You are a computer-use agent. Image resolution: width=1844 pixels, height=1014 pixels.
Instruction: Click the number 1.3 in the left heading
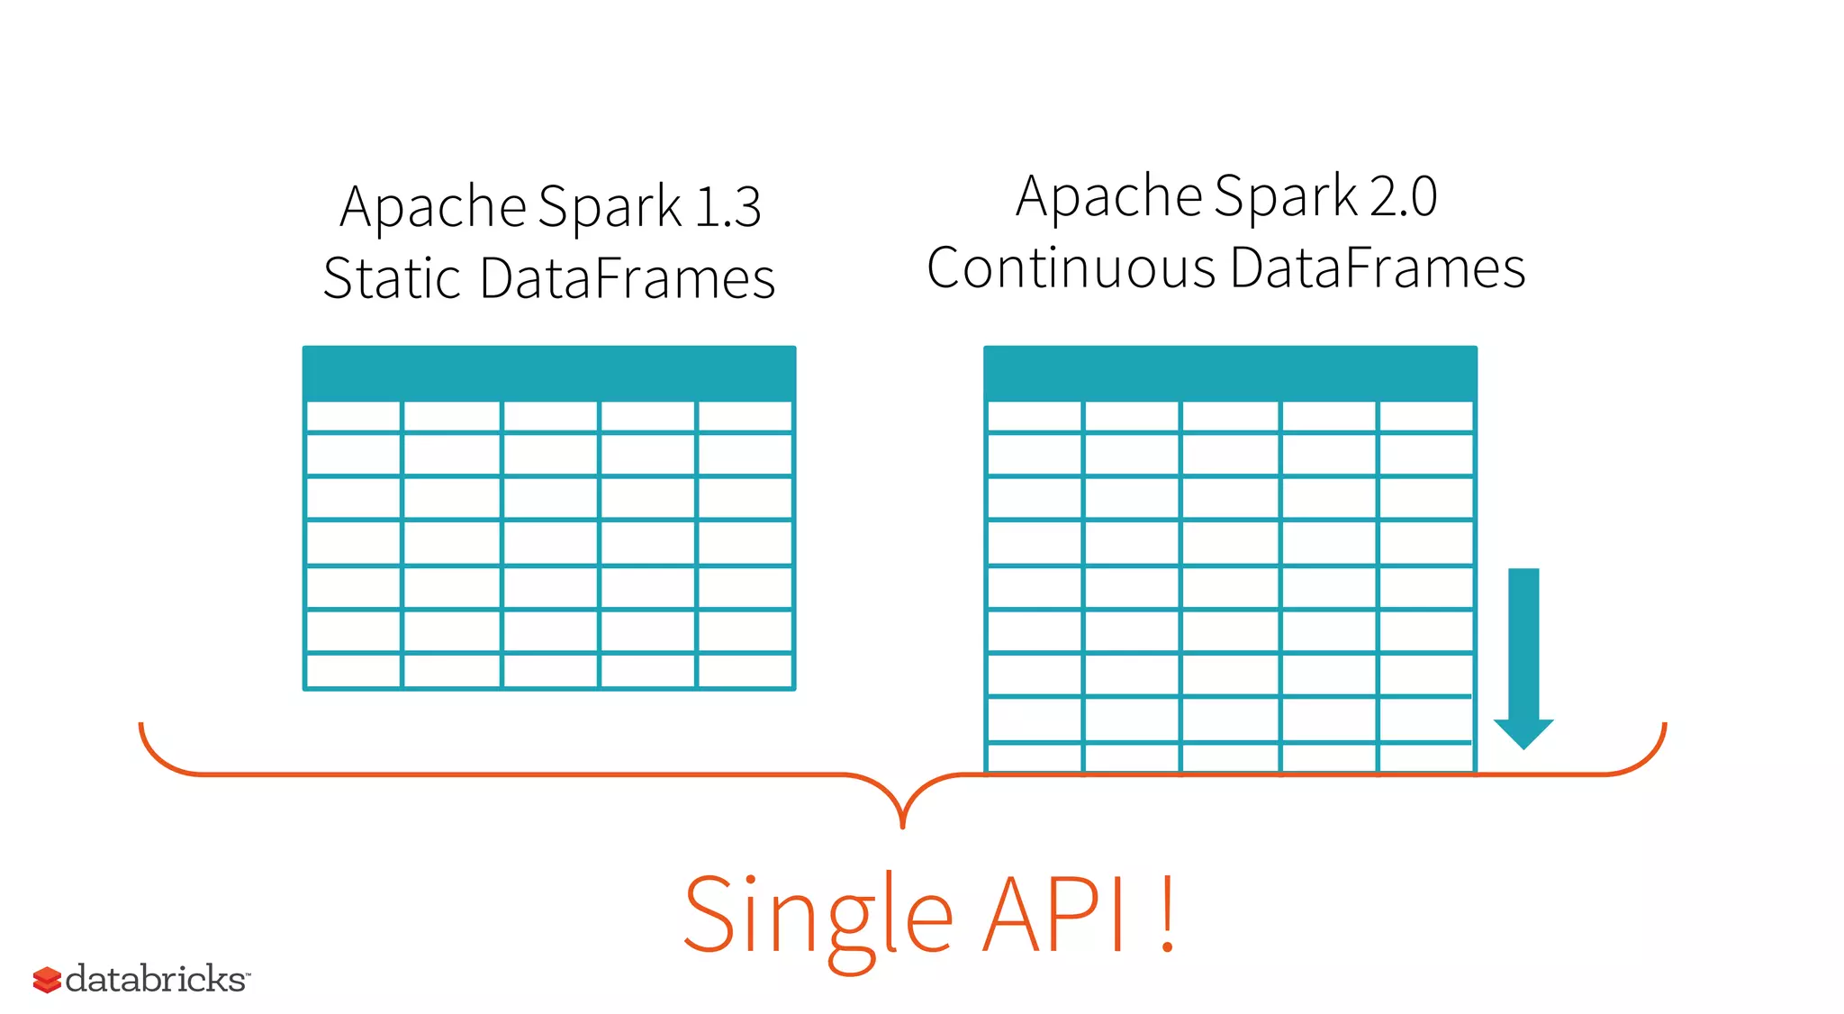tap(728, 207)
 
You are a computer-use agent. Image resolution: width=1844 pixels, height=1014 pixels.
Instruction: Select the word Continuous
tap(1071, 268)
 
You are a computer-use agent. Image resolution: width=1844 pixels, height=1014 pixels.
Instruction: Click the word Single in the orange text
tap(818, 917)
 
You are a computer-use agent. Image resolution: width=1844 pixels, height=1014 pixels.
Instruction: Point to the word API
tap(1053, 915)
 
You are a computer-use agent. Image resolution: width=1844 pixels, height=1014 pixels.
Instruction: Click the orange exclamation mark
tap(1167, 915)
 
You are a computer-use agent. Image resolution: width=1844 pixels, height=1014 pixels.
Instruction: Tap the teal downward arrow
tap(1523, 657)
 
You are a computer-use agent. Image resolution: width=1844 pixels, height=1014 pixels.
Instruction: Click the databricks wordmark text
tap(156, 979)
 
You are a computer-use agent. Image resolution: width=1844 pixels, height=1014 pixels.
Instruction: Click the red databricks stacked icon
tap(47, 980)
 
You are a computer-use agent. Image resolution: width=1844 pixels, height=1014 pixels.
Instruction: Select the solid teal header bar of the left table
tap(549, 372)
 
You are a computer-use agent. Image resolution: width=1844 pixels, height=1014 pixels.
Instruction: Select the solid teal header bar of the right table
tap(1230, 372)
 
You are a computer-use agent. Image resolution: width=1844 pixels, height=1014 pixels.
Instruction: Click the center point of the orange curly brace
tap(902, 815)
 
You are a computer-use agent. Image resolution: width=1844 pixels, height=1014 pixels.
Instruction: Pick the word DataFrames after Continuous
tap(1378, 268)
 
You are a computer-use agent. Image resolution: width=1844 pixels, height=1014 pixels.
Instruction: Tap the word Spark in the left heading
tap(610, 207)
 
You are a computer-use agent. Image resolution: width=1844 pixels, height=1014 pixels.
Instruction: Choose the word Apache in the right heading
tap(1109, 196)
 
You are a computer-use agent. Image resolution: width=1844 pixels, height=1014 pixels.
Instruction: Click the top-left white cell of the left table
tap(354, 417)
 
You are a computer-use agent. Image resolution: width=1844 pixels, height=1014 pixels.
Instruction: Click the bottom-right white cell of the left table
tap(745, 671)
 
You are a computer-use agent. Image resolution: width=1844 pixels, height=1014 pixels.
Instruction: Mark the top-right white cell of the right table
tap(1425, 417)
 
